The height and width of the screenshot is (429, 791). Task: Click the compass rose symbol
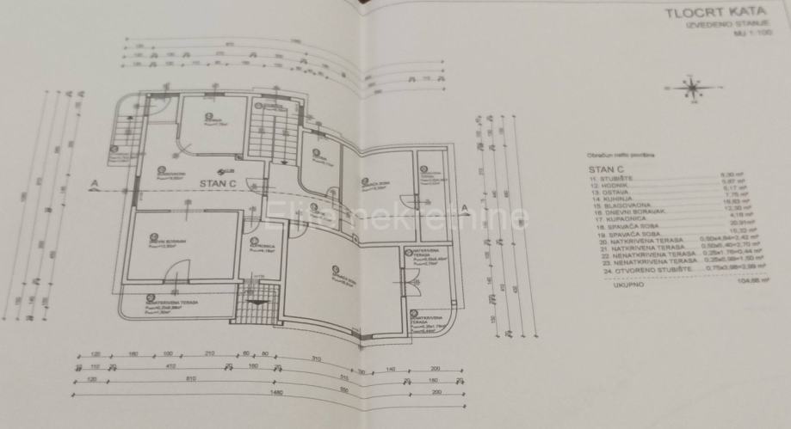(x=694, y=88)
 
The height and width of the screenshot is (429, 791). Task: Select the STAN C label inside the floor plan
(x=218, y=183)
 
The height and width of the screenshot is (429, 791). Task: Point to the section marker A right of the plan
(x=465, y=210)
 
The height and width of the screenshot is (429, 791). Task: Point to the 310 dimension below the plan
(x=316, y=358)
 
